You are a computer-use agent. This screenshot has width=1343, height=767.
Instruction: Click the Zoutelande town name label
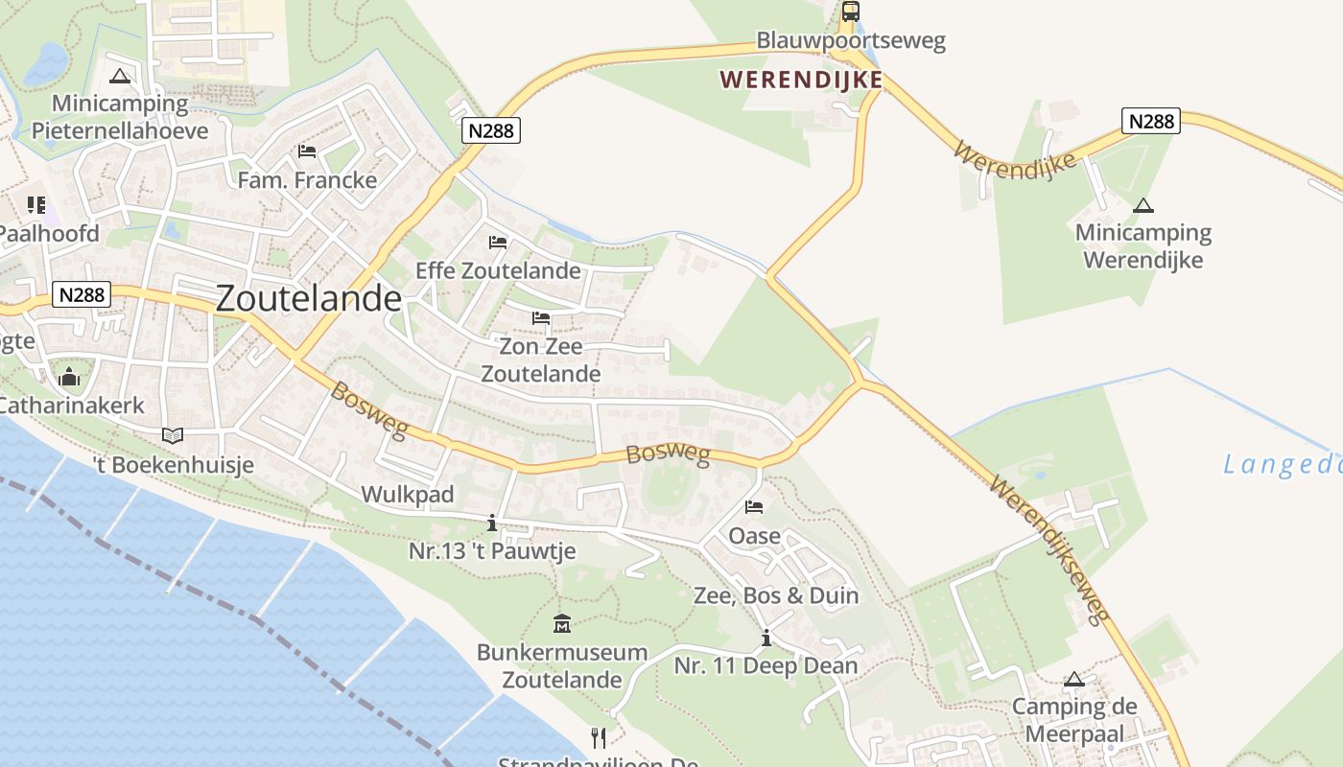coord(308,298)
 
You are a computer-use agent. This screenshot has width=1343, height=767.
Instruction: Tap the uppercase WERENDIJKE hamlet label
coord(801,80)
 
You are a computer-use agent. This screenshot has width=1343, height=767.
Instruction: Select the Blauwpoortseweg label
coord(851,40)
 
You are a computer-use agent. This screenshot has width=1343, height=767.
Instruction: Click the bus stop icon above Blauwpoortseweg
coord(850,12)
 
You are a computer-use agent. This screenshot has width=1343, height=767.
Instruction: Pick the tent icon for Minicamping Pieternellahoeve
coord(120,77)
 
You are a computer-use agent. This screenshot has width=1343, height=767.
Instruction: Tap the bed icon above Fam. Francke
coord(307,151)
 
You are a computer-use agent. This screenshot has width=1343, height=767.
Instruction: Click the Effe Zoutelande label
coord(498,270)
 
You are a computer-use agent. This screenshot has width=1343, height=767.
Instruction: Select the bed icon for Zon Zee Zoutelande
coord(541,317)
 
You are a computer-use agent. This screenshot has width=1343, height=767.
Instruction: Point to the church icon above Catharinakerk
coord(69,378)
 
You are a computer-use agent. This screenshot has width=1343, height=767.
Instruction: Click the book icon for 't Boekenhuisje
coord(173,436)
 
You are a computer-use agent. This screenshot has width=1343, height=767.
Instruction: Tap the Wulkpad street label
coord(407,495)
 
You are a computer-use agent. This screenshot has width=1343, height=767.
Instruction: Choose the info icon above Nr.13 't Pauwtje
coord(492,523)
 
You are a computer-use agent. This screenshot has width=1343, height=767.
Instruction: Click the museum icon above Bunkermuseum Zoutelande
coord(562,625)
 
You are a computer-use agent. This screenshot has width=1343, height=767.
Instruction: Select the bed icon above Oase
coord(754,507)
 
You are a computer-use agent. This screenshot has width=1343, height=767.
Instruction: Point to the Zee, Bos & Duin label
coord(776,595)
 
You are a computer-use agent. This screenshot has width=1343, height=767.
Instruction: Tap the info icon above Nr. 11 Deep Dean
coord(766,638)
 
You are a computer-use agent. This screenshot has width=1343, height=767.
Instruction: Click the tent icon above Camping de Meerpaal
coord(1074,680)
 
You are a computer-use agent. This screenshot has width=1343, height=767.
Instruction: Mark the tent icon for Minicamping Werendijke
coord(1143,205)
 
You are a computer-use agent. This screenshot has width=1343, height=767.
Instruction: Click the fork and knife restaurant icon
coord(599,737)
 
